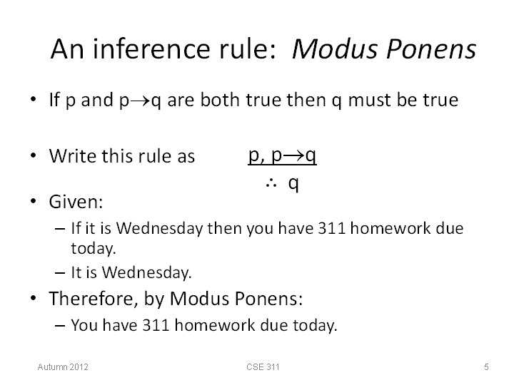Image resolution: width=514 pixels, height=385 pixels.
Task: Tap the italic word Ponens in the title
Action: pos(431,48)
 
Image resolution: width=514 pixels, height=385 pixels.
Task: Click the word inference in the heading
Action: pos(151,48)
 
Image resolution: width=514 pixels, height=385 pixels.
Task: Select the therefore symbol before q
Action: pos(271,184)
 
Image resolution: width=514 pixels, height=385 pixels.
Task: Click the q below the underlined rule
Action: pos(293,184)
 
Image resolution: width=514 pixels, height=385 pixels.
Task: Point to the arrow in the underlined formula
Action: pos(293,155)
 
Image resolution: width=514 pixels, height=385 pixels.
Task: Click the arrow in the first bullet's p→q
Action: pos(141,101)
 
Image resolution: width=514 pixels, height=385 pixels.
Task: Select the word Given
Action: pos(76,201)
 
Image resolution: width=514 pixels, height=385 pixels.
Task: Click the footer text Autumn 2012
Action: pos(63,366)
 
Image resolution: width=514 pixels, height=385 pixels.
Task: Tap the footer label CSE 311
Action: pos(263,366)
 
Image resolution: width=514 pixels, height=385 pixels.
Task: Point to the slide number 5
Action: pos(486,366)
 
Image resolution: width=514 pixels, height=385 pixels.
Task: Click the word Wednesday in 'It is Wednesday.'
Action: pos(146,272)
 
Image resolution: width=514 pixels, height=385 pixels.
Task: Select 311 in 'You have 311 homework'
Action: pos(156,325)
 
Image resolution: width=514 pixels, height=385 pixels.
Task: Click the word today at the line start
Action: pos(94,248)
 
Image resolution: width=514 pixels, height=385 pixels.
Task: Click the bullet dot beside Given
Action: pos(33,200)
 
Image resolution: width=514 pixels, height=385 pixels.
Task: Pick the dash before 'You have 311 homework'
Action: pos(60,326)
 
